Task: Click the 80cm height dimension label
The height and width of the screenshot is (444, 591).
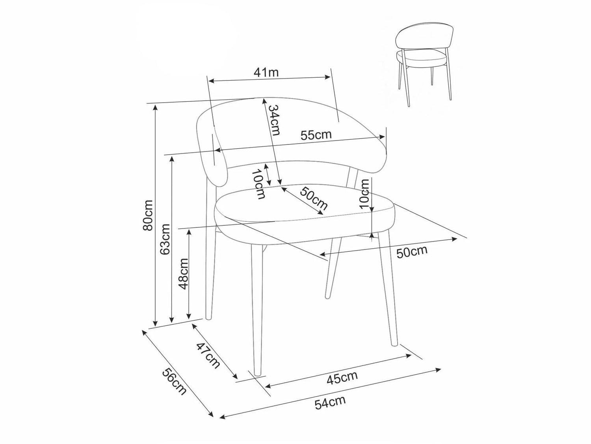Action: point(148,215)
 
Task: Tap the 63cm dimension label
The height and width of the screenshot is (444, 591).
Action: point(165,239)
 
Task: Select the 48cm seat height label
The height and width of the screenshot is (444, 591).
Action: point(184,274)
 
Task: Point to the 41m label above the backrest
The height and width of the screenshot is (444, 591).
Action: point(266,72)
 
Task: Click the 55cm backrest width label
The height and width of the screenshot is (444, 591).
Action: point(316,135)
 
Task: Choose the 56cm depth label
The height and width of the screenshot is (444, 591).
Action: point(174,382)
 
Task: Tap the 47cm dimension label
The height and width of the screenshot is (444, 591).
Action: point(208,355)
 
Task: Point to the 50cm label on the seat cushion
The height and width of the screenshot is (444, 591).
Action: point(314,198)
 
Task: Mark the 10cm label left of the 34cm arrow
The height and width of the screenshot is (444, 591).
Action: point(259,184)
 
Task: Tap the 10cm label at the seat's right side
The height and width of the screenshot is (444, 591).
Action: point(364,193)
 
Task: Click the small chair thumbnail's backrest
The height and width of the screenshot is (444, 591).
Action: point(425,37)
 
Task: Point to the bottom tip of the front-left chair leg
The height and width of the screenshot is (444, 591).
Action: point(257,375)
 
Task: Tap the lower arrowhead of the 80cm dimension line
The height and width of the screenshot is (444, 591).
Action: point(155,324)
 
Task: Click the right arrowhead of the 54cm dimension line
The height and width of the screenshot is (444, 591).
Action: point(439,369)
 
